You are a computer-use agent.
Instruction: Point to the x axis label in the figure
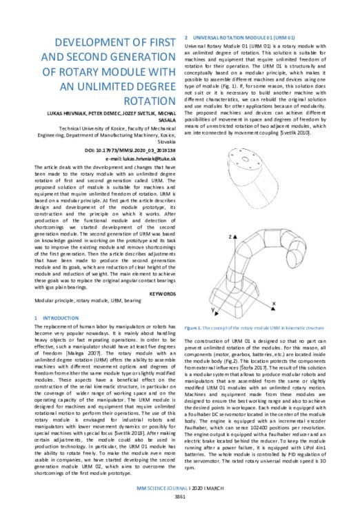(x=274, y=302)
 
